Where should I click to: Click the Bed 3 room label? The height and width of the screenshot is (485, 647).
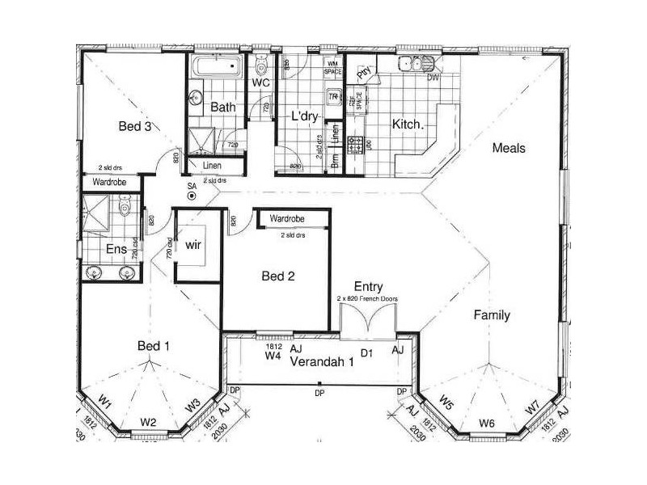pos(136,126)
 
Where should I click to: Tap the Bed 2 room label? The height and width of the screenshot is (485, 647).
pos(278,276)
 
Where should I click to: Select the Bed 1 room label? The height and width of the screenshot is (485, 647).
pos(154,346)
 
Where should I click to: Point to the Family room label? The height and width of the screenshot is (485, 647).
pos(492,315)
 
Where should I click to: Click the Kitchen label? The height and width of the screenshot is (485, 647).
pos(406,124)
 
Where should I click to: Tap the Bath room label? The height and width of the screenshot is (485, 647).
pos(222,107)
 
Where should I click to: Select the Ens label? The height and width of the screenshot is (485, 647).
pos(116,249)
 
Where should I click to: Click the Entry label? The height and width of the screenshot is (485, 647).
pos(368,287)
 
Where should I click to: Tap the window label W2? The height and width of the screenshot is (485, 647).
pos(147,421)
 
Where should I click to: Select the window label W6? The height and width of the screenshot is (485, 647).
pos(486,423)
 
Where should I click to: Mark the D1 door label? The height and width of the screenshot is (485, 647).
pos(366,353)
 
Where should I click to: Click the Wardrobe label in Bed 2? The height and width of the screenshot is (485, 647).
pos(286,219)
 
